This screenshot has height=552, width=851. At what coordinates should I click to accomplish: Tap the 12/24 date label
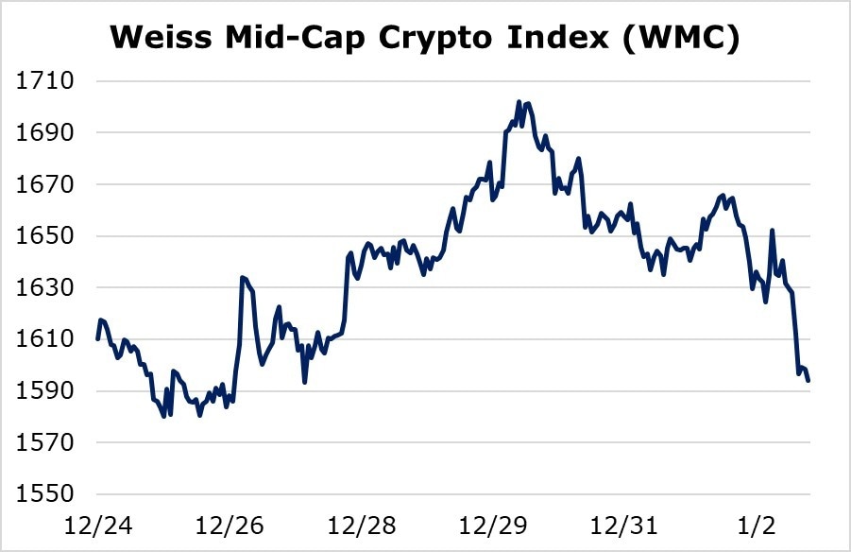tap(92, 522)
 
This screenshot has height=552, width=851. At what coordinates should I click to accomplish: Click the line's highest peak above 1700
tap(519, 101)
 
